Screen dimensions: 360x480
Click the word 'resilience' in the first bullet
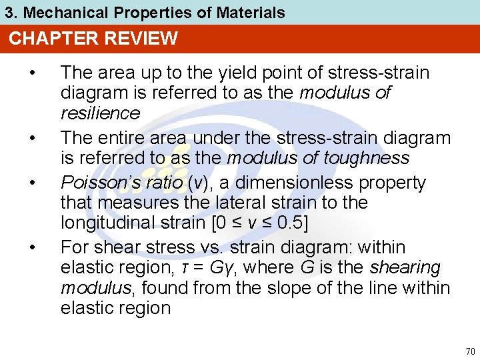100,113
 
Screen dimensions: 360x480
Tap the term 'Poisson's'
99,183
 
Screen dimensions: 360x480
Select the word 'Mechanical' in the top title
57,12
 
